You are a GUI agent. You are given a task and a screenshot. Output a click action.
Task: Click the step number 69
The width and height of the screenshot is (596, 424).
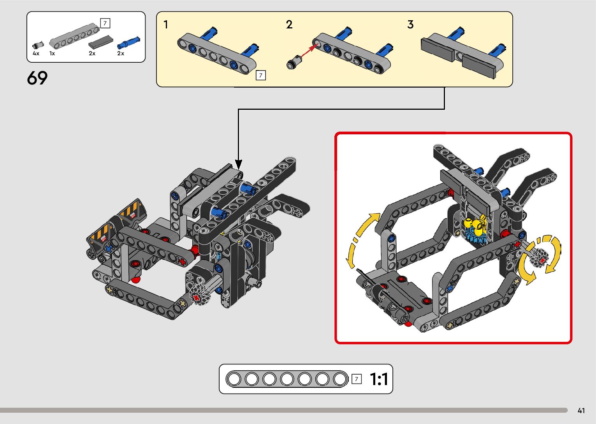[x=37, y=78]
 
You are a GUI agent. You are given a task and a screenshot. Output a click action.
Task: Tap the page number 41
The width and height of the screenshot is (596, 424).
[x=581, y=410]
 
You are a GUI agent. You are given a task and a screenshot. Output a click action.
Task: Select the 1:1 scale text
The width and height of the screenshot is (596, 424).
[x=379, y=379]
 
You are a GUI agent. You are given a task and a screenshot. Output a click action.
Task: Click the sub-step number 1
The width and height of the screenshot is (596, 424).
[x=166, y=25]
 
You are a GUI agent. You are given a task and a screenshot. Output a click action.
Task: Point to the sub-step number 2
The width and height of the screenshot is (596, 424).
[x=289, y=25]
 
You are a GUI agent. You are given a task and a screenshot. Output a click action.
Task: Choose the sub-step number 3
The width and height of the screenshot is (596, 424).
[x=411, y=25]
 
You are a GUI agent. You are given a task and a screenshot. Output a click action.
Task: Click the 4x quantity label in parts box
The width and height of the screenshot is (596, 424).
[x=36, y=53]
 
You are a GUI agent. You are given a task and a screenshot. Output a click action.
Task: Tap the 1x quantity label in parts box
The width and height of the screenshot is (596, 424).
[x=52, y=53]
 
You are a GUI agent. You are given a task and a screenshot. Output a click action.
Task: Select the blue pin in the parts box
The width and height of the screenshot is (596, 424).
[x=129, y=42]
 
